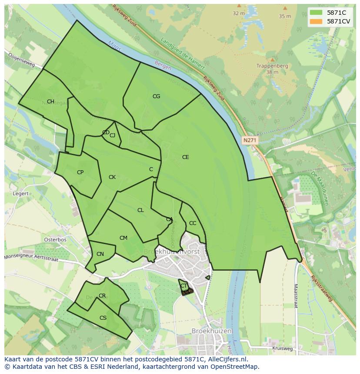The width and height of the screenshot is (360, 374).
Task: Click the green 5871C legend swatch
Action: tap(317, 13)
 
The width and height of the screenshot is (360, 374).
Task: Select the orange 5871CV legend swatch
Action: tap(317, 21)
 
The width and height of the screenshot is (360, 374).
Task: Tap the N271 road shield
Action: tap(250, 140)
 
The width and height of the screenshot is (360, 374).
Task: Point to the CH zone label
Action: tap(50, 102)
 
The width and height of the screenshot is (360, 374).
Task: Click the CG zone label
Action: tap(156, 96)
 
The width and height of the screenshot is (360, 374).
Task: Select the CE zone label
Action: tap(185, 157)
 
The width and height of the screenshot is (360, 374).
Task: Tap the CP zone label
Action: tap(80, 172)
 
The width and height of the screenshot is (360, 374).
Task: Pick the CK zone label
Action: tap(112, 177)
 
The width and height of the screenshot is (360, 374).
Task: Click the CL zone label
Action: tap(140, 210)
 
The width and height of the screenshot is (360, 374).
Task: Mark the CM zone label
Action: tap(123, 238)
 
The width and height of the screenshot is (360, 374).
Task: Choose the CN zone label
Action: tap(100, 254)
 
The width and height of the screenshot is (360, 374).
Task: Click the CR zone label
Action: tap(102, 296)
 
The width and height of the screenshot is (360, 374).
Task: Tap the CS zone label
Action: tap(103, 318)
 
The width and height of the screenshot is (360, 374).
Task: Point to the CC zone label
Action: tap(193, 223)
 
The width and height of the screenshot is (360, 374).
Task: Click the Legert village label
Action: tap(21, 194)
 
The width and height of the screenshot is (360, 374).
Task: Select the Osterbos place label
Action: tap(55, 240)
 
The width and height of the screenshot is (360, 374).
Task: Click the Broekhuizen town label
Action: tap(211, 331)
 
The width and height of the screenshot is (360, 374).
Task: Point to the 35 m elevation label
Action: tap(285, 16)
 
